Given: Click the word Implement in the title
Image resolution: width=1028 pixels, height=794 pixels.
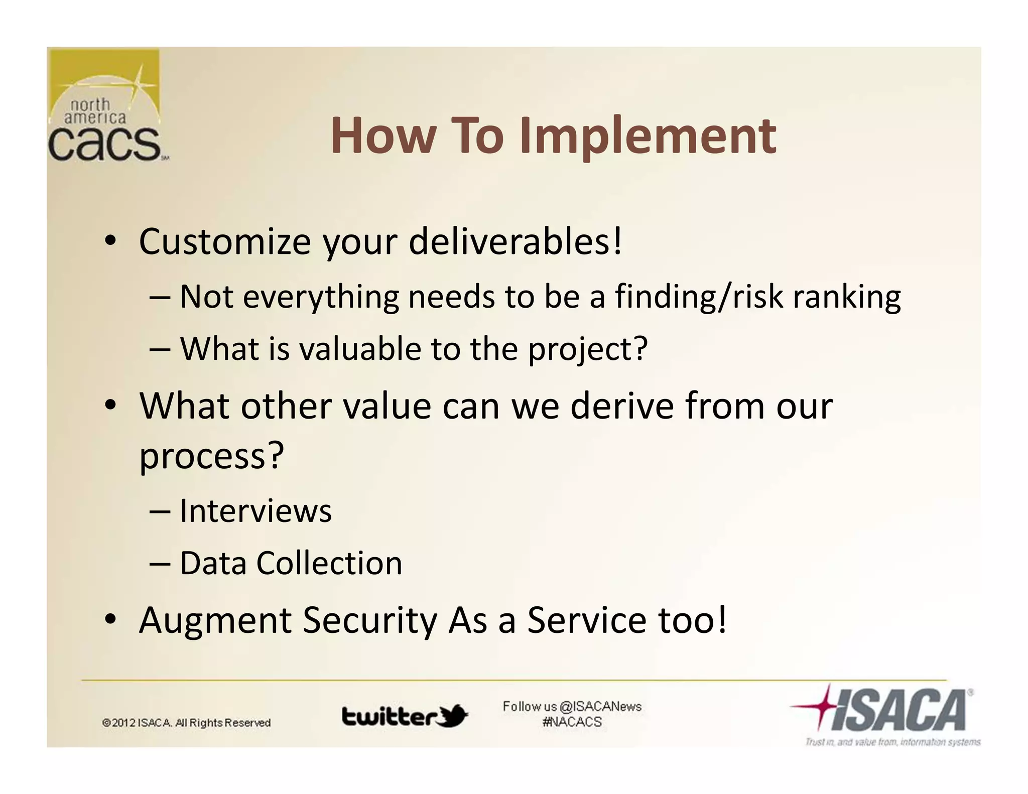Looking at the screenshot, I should click(648, 137).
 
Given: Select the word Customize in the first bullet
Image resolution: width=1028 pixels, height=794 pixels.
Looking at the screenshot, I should click(225, 242).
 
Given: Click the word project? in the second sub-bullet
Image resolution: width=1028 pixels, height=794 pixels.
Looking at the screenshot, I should click(588, 350).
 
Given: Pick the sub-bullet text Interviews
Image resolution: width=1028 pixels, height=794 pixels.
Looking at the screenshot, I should click(255, 511).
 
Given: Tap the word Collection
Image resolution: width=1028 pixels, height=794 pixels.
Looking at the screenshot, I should click(329, 563).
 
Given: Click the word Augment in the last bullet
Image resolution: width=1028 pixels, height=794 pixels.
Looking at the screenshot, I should click(215, 621).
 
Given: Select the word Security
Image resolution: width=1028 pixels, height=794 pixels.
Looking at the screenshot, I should click(370, 621).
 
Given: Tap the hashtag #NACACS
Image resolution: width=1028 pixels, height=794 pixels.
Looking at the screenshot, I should click(572, 722).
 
